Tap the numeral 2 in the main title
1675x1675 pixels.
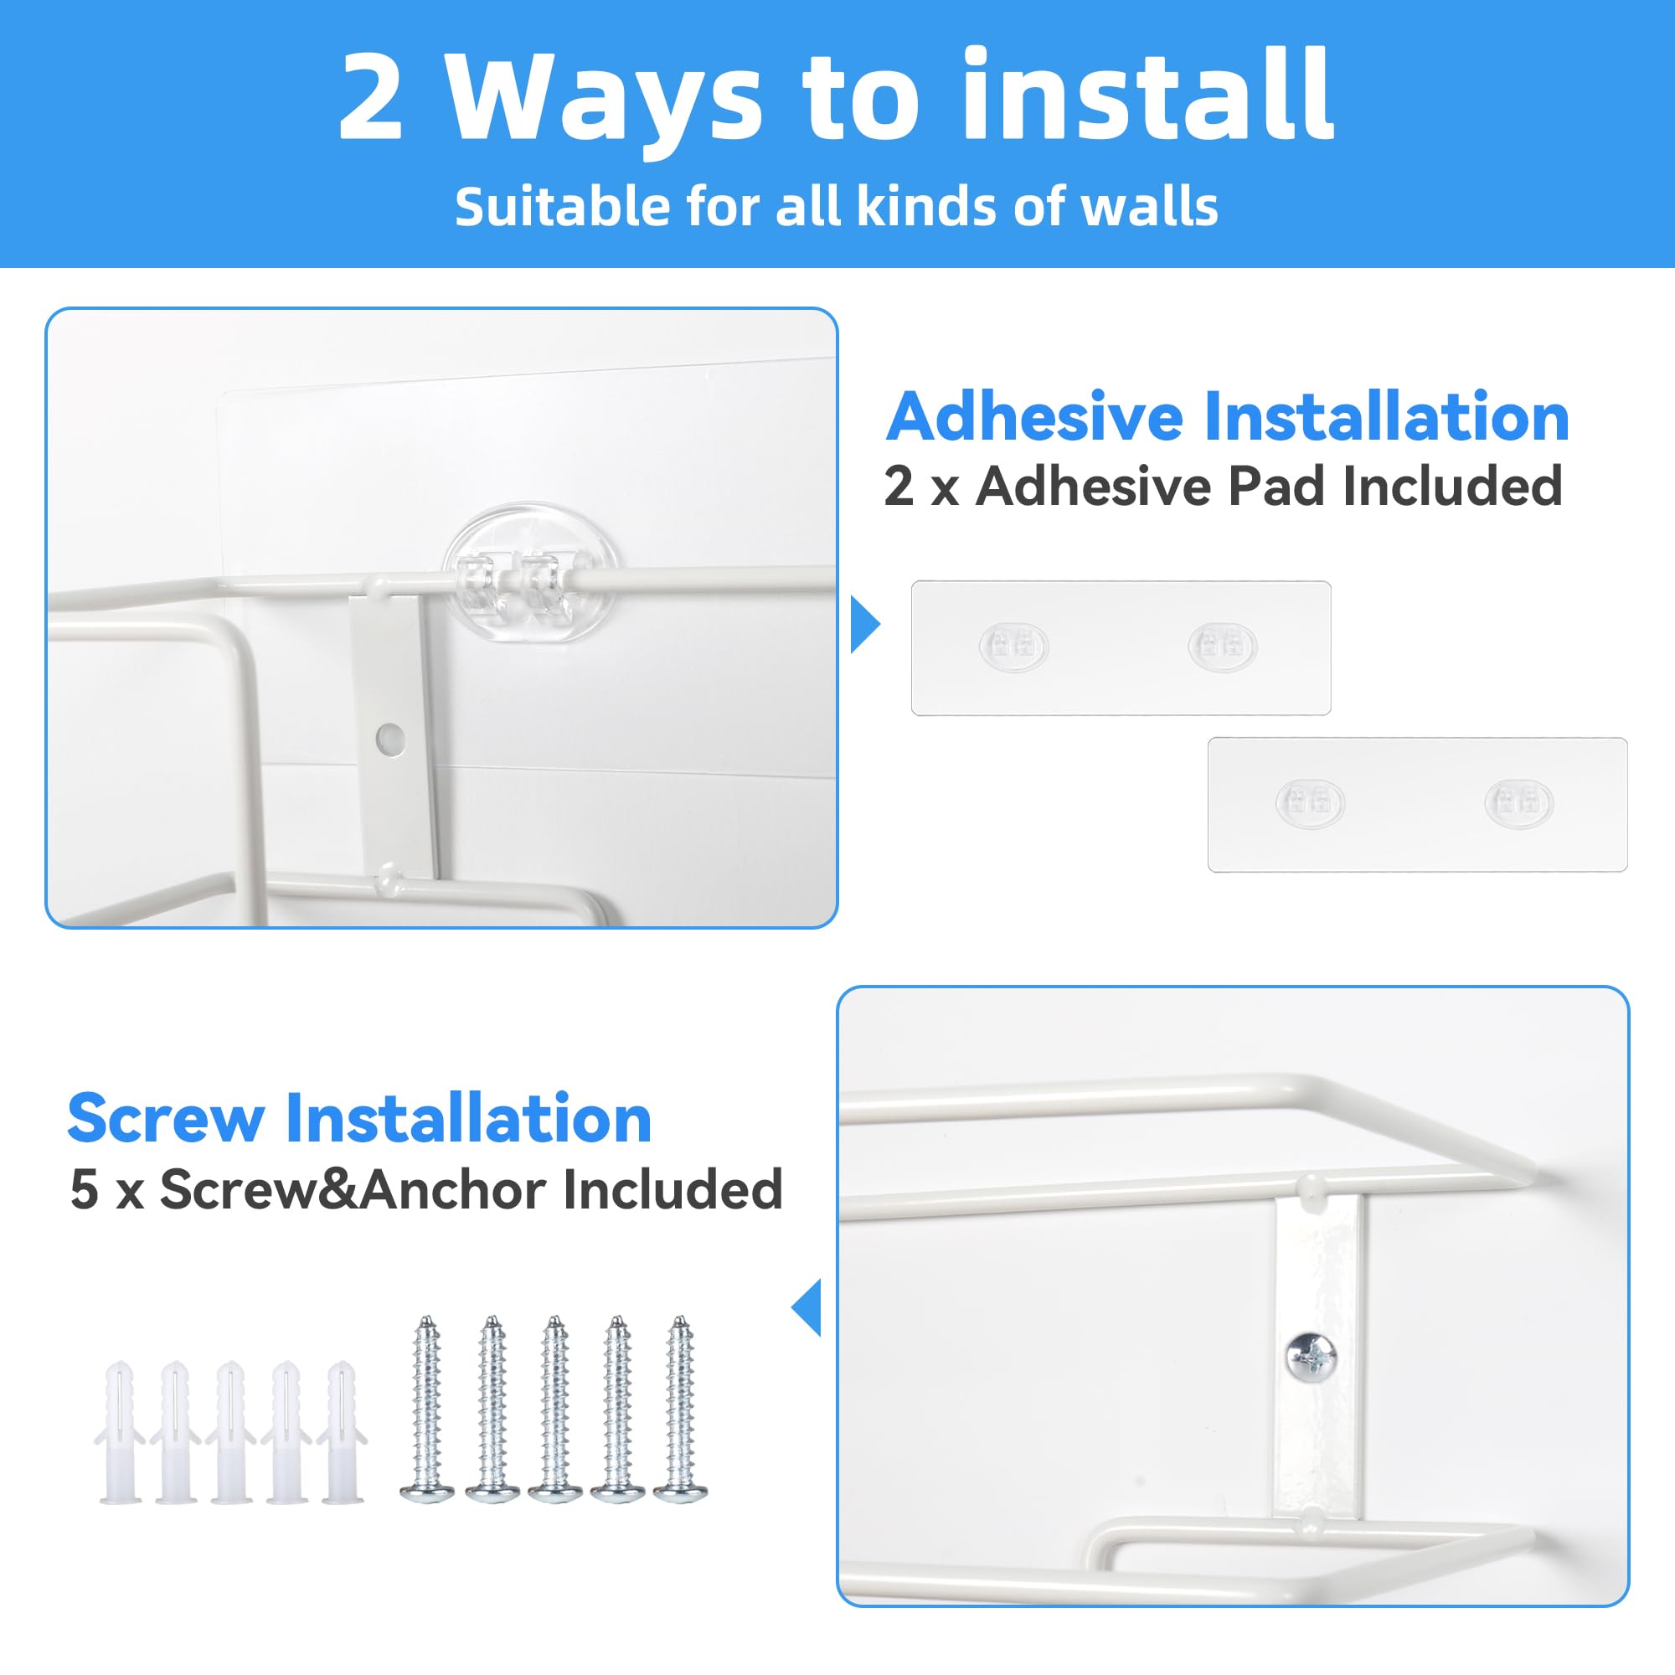click(371, 97)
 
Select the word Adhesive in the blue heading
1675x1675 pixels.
click(1033, 418)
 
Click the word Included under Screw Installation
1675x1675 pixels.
click(673, 1189)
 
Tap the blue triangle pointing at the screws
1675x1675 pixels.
click(808, 1307)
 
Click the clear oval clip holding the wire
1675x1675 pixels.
click(531, 573)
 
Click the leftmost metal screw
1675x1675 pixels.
click(426, 1409)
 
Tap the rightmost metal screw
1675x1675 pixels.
click(680, 1409)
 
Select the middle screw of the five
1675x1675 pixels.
click(554, 1409)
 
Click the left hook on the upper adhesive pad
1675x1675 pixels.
click(1013, 647)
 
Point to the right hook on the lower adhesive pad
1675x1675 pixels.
click(1518, 804)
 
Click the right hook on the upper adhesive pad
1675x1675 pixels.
click(1222, 647)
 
